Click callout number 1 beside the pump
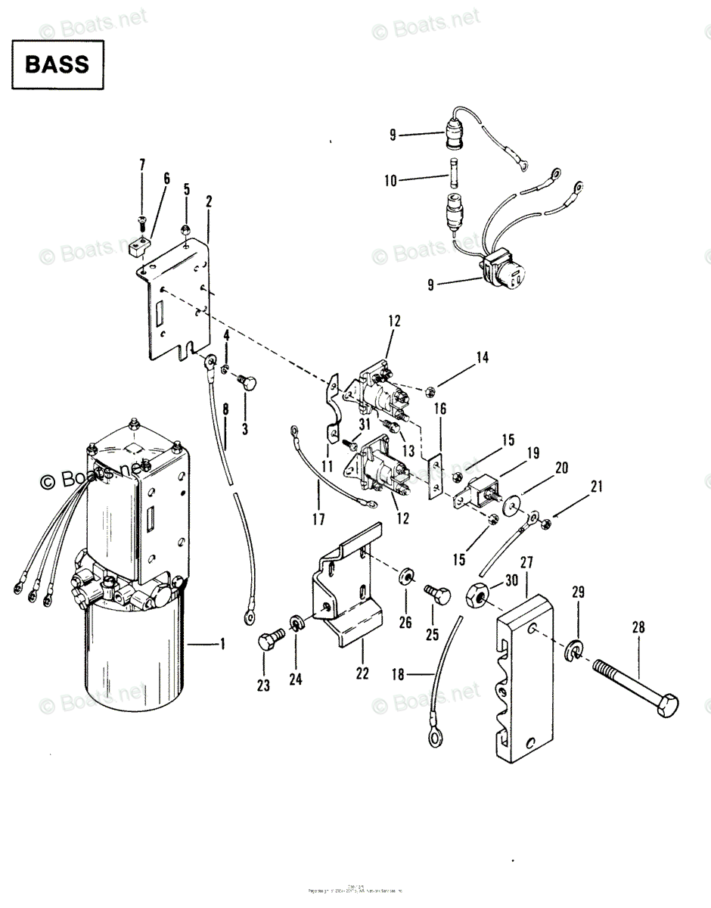tap(223, 645)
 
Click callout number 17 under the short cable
tap(318, 520)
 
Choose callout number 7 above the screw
tap(141, 166)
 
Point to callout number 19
tap(533, 453)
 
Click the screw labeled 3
tap(247, 382)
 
